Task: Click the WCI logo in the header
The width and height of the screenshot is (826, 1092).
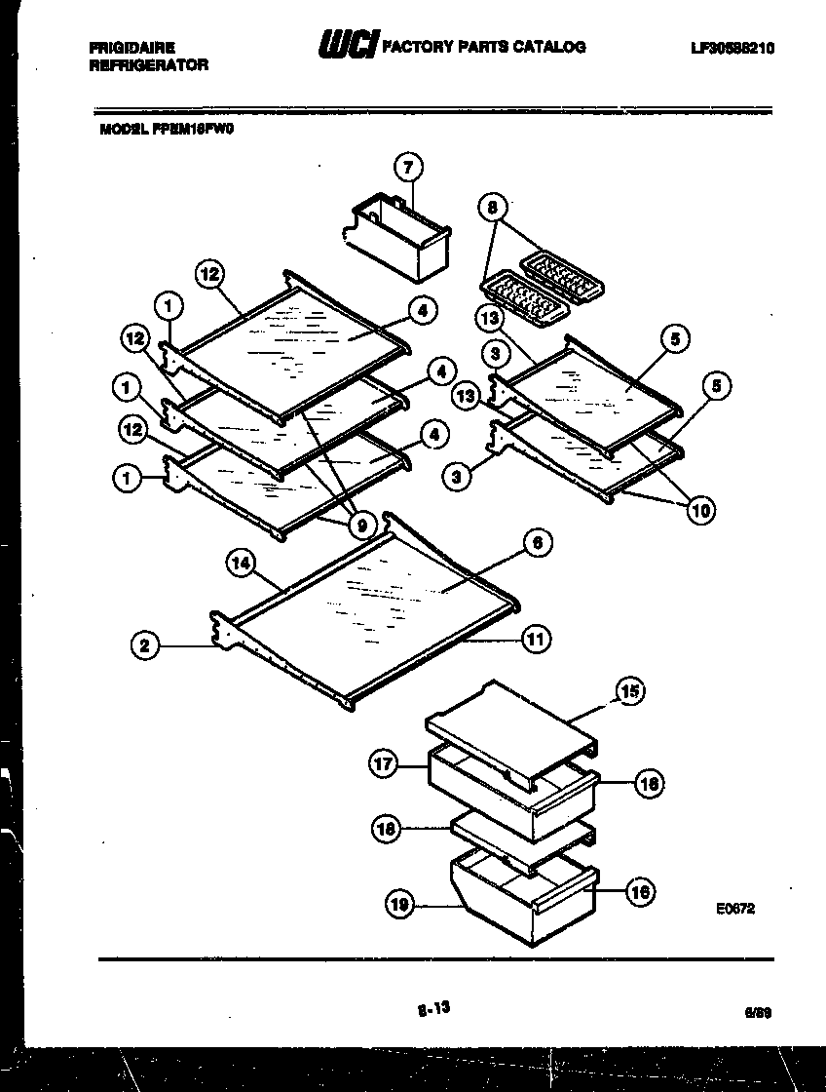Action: coord(347,46)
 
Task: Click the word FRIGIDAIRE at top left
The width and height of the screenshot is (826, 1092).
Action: coord(132,47)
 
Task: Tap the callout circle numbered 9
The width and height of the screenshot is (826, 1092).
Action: coord(360,526)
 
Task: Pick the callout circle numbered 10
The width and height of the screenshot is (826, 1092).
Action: coord(698,508)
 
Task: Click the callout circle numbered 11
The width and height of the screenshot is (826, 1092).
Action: coord(536,640)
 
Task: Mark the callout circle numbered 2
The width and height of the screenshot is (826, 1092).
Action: coord(144,644)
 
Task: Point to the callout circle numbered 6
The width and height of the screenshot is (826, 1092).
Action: coord(538,543)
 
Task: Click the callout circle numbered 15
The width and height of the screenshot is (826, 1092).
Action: coord(628,692)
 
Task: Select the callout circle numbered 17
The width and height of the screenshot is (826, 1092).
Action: coord(384,764)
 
